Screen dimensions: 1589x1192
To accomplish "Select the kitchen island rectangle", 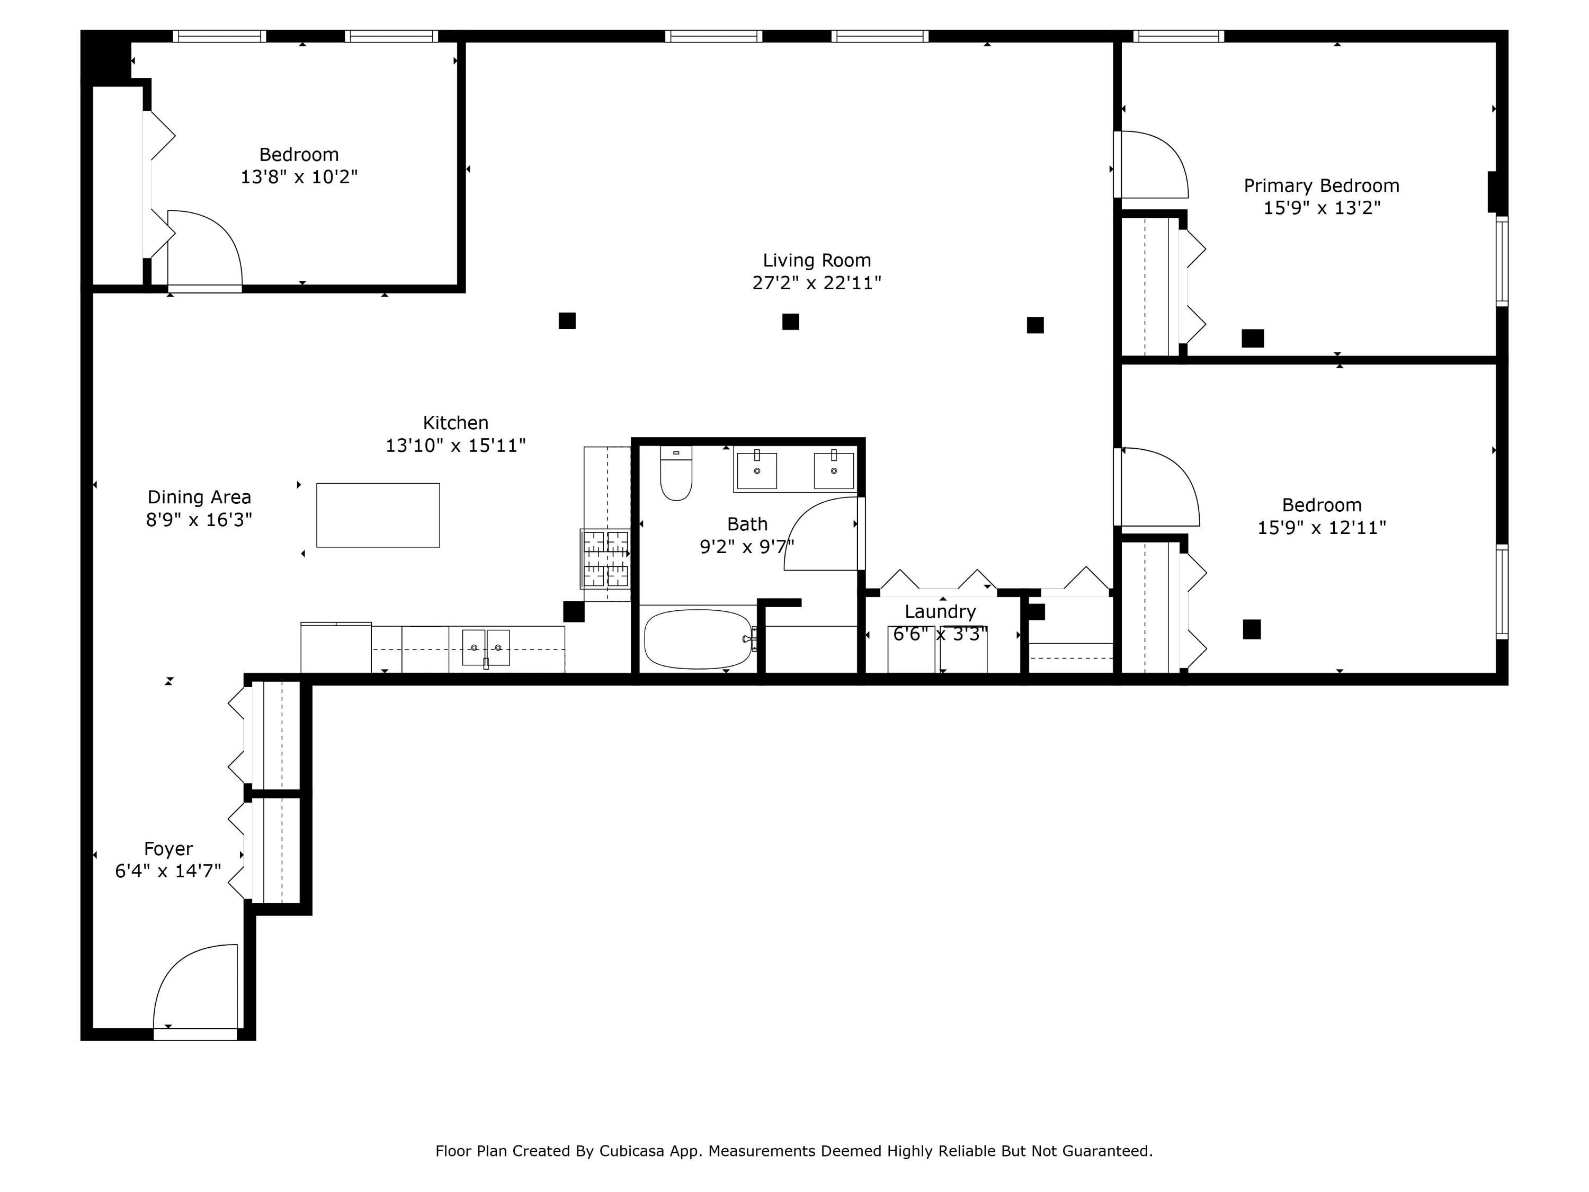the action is [378, 515].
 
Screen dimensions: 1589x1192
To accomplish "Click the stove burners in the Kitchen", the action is [605, 559].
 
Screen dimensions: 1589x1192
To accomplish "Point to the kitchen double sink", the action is [486, 647].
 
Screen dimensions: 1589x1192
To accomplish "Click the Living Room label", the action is [817, 260].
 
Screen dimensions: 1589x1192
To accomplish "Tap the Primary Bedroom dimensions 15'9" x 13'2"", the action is [1322, 208].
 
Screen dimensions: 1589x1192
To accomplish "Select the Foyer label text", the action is [168, 849].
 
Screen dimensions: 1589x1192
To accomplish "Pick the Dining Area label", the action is [199, 497].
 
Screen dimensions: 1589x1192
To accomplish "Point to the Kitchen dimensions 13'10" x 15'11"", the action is [456, 446].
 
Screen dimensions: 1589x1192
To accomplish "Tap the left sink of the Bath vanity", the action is [756, 470].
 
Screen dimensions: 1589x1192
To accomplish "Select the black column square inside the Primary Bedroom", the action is [1253, 339].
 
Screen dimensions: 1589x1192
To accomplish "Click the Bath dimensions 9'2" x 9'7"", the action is [747, 547].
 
